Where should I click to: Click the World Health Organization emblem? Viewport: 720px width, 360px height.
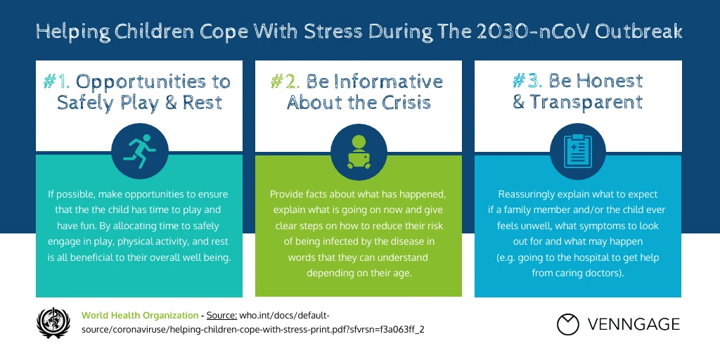53,322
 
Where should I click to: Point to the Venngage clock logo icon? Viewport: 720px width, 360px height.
567,324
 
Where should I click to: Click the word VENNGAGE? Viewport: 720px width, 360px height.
634,324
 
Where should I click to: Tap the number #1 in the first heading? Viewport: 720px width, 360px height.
56,81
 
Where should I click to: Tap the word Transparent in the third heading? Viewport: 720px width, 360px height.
586,103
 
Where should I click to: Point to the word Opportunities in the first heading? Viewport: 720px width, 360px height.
153,81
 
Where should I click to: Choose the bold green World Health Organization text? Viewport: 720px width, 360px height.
140,315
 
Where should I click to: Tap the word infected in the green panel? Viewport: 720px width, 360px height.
326,241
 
